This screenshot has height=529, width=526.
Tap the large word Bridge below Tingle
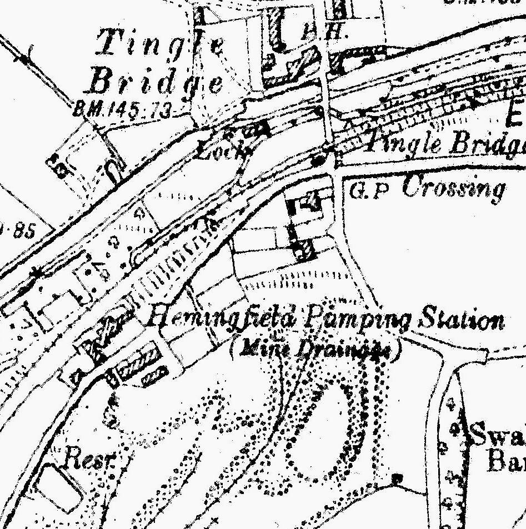pos(156,84)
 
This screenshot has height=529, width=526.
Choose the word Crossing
pos(453,188)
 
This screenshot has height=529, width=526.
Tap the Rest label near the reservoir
pos(89,459)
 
